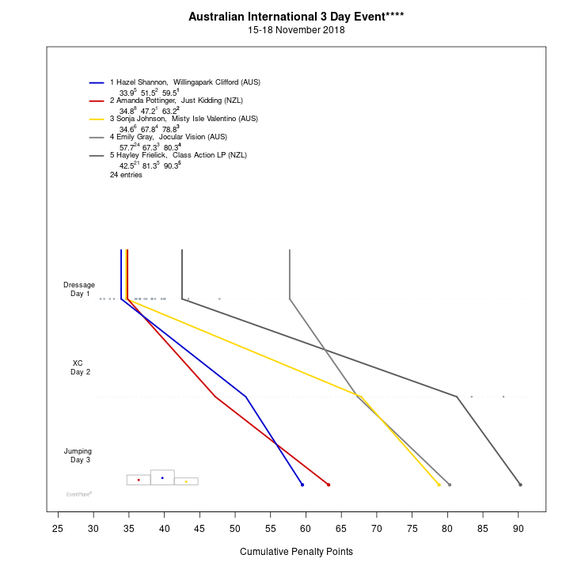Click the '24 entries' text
point(126,174)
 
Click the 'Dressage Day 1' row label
point(79,289)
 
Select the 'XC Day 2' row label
point(79,367)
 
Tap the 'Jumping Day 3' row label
point(78,455)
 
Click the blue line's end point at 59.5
point(302,484)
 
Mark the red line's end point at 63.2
point(329,484)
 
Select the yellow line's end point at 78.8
point(439,484)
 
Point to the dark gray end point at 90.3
point(520,484)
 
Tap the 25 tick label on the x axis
point(58,528)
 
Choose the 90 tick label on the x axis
point(518,528)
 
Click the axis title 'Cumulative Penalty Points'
point(296,551)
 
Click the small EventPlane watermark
point(79,494)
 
